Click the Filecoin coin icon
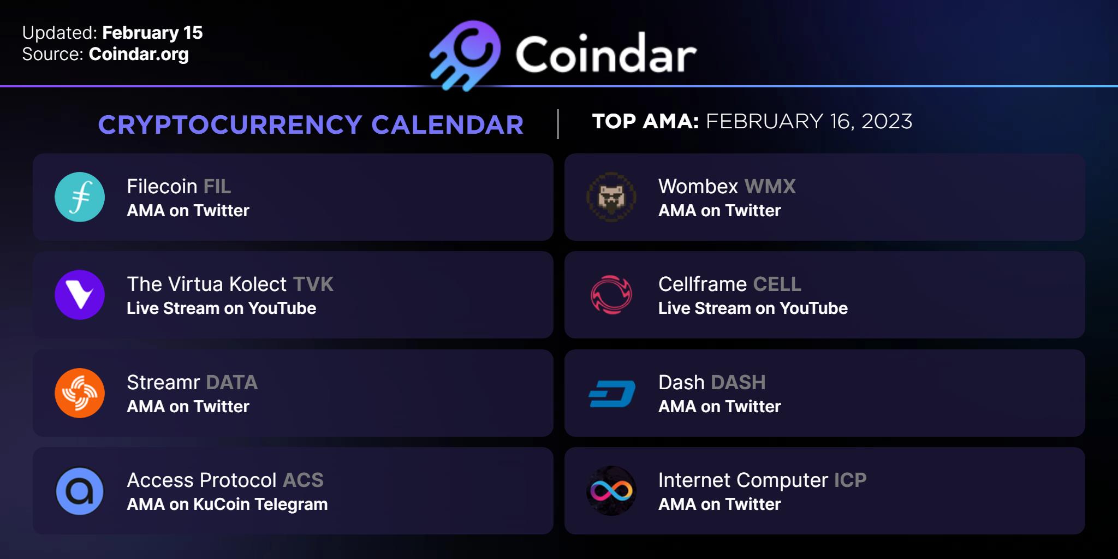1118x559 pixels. coord(80,197)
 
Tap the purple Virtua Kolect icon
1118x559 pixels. coord(80,295)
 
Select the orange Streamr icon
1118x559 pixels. coord(80,393)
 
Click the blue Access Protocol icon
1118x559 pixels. coord(80,491)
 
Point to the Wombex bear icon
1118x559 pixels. coord(611,197)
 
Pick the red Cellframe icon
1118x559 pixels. coord(611,295)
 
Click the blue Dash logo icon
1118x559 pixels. coord(612,394)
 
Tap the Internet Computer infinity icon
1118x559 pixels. coord(611,491)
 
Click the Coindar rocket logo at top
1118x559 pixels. coord(465,55)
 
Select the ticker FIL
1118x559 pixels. coord(217,187)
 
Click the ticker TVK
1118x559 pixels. coord(313,284)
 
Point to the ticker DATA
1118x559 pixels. coord(231,383)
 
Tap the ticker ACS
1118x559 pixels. coord(304,480)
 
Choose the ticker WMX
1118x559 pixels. coord(770,187)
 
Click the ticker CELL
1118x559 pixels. coord(777,284)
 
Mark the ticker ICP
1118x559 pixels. coord(851,480)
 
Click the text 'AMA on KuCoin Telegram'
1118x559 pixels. coord(227,504)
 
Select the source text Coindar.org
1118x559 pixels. coord(139,54)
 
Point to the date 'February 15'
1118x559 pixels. coord(152,33)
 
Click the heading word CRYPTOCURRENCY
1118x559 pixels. coord(230,124)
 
